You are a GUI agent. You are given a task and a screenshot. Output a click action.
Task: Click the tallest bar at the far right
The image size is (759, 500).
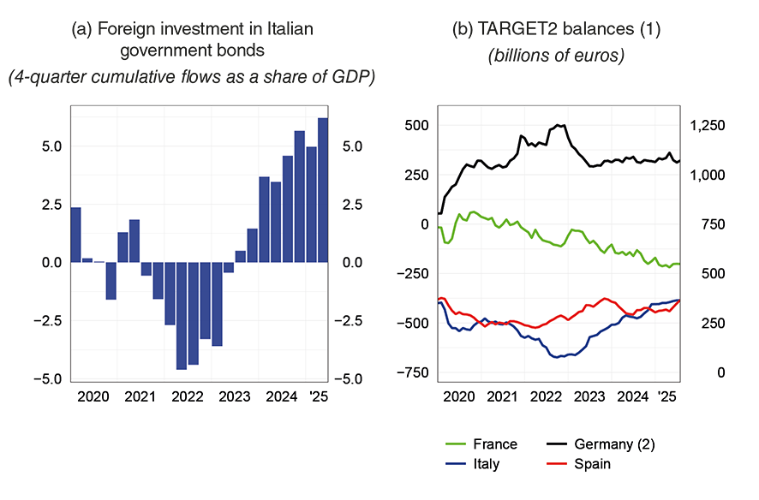(323, 189)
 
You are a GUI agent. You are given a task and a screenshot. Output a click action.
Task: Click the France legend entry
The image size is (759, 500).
(494, 444)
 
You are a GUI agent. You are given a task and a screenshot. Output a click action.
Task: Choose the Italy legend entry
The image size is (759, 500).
(485, 464)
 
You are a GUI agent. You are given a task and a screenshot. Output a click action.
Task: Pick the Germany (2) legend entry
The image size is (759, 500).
(614, 444)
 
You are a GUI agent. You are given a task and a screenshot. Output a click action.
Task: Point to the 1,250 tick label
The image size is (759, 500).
(708, 126)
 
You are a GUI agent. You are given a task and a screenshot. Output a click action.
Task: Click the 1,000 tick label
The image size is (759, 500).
(708, 176)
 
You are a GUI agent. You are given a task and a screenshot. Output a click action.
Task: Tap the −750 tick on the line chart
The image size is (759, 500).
(413, 373)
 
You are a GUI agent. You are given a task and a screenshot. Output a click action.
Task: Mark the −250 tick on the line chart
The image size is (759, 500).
(413, 274)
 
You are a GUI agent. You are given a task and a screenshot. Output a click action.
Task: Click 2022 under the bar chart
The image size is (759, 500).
(187, 397)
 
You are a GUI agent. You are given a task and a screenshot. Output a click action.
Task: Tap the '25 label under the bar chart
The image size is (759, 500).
(318, 397)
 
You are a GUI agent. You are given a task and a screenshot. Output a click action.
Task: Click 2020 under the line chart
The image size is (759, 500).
(459, 397)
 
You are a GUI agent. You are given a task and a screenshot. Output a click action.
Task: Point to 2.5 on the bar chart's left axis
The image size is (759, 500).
(51, 205)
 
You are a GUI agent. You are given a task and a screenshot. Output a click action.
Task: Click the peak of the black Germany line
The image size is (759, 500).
(559, 125)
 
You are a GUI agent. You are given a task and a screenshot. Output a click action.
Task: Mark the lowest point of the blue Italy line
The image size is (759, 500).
(558, 356)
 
